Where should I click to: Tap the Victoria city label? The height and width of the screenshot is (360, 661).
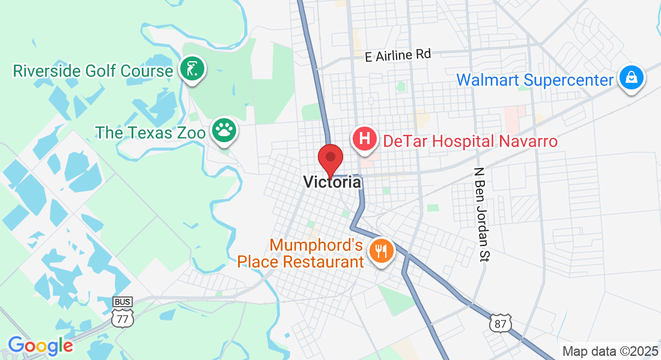pos(332,182)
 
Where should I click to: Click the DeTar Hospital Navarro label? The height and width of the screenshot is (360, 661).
pos(471,142)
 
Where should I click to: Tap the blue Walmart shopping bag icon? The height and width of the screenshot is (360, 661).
pos(632,77)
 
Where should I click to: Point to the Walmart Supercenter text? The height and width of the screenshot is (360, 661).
pos(535,80)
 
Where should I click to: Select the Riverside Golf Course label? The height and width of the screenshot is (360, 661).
pos(93,71)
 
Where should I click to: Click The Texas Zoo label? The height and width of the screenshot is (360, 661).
pos(150,133)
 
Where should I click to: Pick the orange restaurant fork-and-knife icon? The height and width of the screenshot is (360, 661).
pos(380,250)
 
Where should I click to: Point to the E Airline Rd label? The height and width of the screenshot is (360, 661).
pos(398,55)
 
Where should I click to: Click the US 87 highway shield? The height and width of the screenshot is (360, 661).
pos(500,323)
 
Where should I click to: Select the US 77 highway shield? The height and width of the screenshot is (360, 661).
pos(123,318)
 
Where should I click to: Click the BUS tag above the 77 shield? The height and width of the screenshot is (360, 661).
pos(123,302)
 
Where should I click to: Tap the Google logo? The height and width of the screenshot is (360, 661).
pos(40,346)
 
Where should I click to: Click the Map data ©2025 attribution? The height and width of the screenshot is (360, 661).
pos(609,352)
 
